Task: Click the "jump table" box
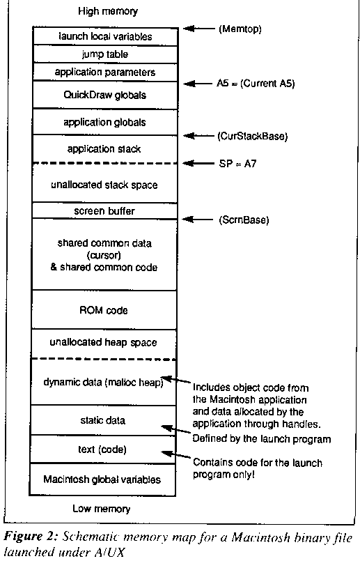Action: [x=105, y=54]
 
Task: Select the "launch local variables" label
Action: [x=105, y=36]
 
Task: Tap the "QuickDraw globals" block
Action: [x=105, y=95]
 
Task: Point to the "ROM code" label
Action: [x=104, y=310]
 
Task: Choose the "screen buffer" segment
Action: [x=105, y=210]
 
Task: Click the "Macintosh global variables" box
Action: [x=102, y=479]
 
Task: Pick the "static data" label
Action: [x=103, y=420]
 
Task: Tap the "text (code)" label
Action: [x=102, y=449]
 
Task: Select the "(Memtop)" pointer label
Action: [x=240, y=29]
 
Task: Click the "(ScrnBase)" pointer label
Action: [x=244, y=220]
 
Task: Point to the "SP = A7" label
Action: [x=237, y=164]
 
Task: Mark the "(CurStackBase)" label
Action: [x=252, y=137]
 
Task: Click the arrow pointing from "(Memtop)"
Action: [x=198, y=29]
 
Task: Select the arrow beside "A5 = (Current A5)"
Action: [x=198, y=84]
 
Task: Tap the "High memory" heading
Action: [x=108, y=11]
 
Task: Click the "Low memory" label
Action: [x=102, y=509]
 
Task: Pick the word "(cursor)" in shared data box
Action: [x=104, y=256]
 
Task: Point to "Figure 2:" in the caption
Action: [x=31, y=537]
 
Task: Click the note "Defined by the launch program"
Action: [x=262, y=438]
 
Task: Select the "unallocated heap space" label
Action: [x=103, y=342]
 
